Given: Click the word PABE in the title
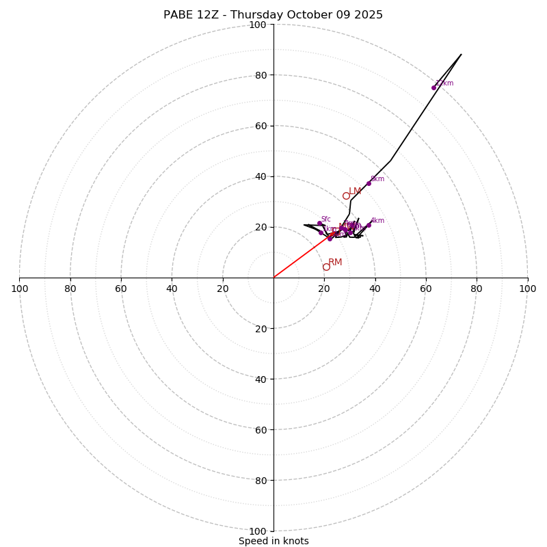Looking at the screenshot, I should (x=180, y=15).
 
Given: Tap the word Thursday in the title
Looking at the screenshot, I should (x=263, y=15).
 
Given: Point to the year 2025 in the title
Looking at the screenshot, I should (x=368, y=15).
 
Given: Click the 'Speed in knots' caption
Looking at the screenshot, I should (x=273, y=541).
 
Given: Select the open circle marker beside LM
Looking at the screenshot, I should (x=346, y=196).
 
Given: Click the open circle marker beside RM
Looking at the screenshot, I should (x=326, y=267).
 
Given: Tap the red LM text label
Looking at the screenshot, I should (x=355, y=191).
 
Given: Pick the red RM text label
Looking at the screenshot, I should (x=335, y=263).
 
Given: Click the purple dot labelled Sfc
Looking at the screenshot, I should (x=319, y=223).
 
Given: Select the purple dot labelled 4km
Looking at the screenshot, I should (x=369, y=225).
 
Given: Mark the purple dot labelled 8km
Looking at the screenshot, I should (x=369, y=183).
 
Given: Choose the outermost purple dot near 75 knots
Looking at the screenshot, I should (x=433, y=88).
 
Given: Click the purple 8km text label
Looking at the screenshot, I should (x=377, y=179).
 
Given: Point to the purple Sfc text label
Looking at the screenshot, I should (x=326, y=219).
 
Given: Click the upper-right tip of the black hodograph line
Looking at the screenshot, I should (x=461, y=54).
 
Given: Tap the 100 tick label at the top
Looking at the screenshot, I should (x=258, y=25).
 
